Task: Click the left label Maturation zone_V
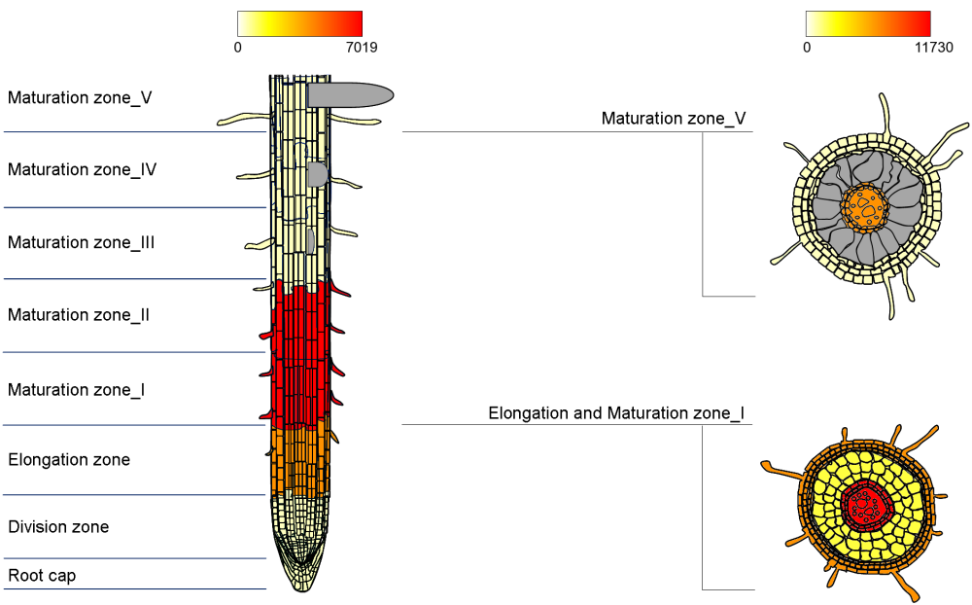click(x=80, y=97)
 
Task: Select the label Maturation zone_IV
click(x=83, y=169)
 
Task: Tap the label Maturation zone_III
click(x=82, y=242)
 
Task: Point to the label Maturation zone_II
click(x=79, y=315)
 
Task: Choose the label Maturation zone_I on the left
click(x=77, y=390)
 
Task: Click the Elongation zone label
click(x=69, y=459)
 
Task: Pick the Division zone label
click(x=58, y=527)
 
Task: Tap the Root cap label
click(x=42, y=576)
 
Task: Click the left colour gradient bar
click(x=299, y=23)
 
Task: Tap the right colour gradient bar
click(x=868, y=23)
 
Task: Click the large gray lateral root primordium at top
click(x=350, y=94)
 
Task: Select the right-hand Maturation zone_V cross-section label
click(x=674, y=119)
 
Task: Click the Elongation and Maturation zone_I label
click(x=616, y=413)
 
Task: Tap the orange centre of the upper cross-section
click(x=866, y=206)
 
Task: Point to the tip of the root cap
click(x=301, y=587)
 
